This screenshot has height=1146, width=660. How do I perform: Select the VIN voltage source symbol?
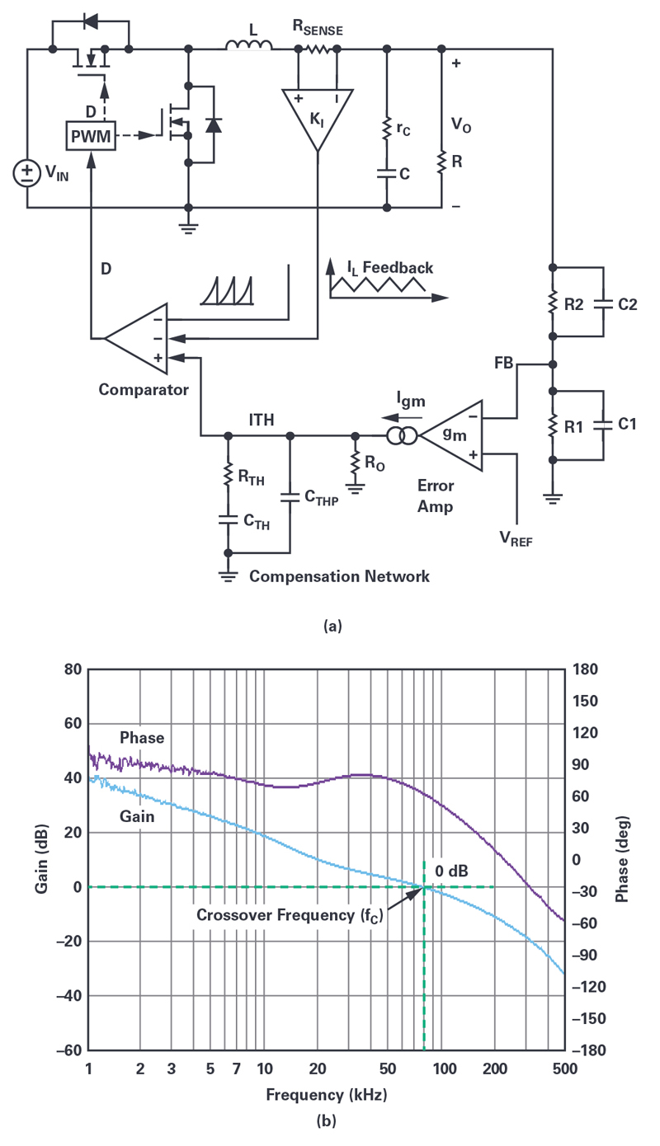point(27,172)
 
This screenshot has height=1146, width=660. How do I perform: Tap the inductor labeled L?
point(248,45)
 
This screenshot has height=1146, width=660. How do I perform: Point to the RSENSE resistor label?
point(317,26)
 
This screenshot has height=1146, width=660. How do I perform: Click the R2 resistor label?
point(576,303)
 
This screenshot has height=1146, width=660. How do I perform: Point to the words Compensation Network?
point(339,576)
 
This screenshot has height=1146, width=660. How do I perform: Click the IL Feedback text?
point(389,268)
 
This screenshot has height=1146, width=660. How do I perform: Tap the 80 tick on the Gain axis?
point(72,669)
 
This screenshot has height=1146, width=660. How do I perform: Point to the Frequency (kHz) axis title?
point(326,1096)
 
